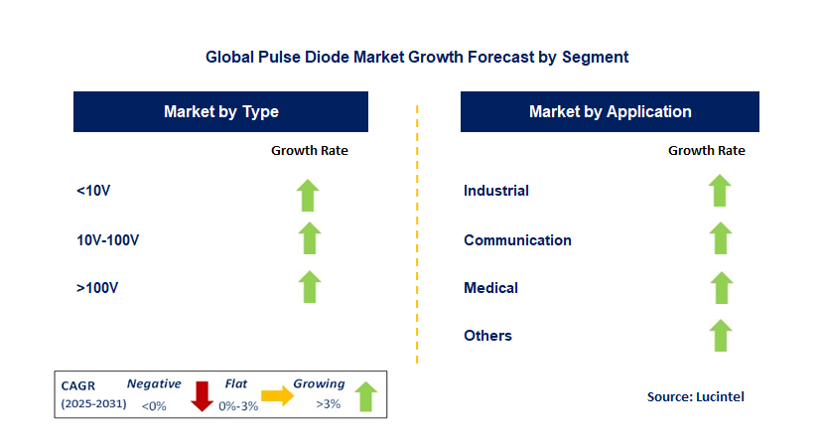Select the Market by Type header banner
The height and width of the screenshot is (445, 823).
click(x=220, y=111)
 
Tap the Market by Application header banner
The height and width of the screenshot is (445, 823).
click(x=610, y=111)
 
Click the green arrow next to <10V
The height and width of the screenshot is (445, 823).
click(x=310, y=195)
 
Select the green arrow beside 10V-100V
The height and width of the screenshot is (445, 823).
click(x=310, y=238)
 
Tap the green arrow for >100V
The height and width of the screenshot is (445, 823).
click(x=310, y=287)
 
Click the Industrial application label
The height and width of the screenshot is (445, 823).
click(x=496, y=191)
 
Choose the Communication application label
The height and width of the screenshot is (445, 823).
click(x=517, y=239)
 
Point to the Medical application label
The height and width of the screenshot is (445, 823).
click(x=490, y=288)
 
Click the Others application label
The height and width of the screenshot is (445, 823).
click(x=487, y=336)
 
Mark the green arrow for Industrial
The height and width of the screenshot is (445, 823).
click(x=720, y=190)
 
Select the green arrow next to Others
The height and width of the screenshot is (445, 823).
click(x=720, y=336)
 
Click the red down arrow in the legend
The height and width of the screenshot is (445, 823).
click(x=203, y=395)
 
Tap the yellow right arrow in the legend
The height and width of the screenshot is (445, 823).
click(x=278, y=397)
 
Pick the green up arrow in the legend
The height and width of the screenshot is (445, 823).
click(x=366, y=395)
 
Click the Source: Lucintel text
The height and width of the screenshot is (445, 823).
click(x=695, y=396)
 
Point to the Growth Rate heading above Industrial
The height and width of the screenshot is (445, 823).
click(x=706, y=151)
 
